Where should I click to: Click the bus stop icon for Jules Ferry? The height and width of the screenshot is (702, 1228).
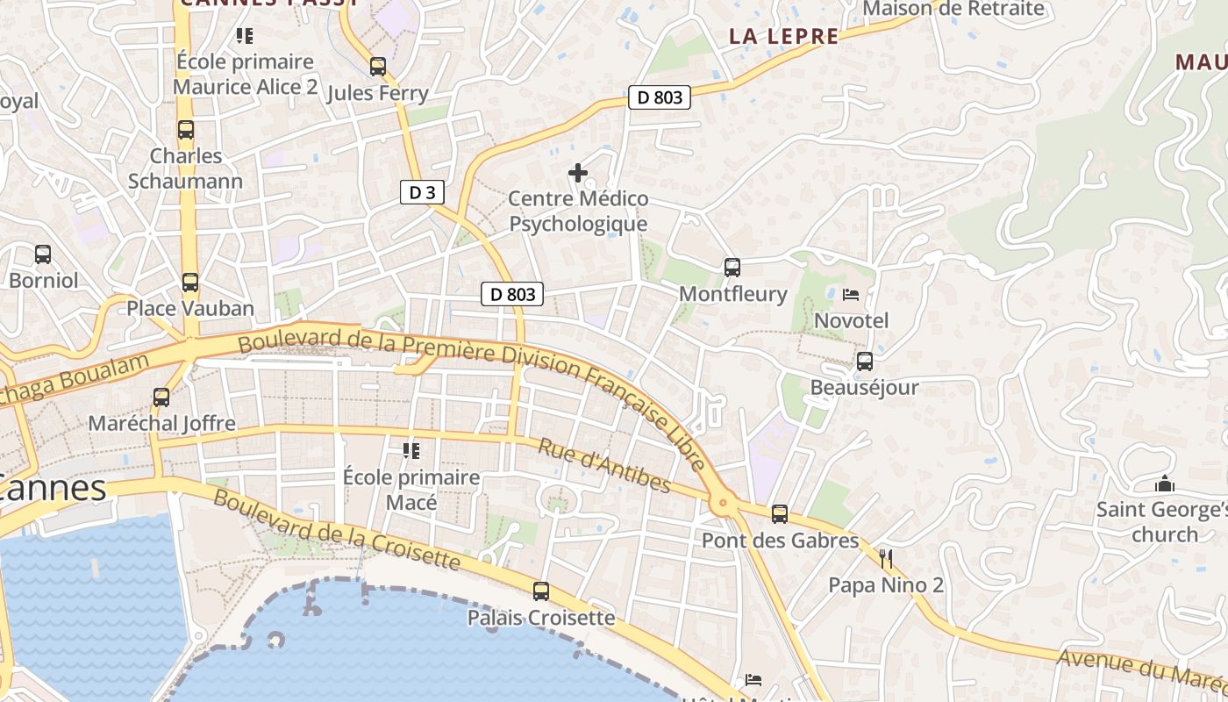(x=378, y=67)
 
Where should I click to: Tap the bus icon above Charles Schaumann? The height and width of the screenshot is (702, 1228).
(x=186, y=130)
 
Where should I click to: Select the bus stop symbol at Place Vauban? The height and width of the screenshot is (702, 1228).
(x=190, y=283)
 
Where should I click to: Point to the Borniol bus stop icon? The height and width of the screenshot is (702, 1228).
(x=43, y=254)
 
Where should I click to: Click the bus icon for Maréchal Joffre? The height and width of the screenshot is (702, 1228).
(x=161, y=397)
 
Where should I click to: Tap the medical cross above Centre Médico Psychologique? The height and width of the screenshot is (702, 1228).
(x=578, y=173)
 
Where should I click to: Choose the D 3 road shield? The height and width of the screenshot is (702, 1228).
(x=422, y=192)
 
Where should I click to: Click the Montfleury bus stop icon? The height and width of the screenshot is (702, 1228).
(x=732, y=268)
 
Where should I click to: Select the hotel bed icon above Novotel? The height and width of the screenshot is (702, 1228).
(x=851, y=295)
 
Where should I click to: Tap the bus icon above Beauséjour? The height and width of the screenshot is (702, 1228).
(x=865, y=361)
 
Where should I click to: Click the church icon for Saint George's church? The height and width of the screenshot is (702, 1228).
(x=1165, y=484)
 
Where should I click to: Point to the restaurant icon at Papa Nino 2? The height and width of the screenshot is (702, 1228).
(x=886, y=558)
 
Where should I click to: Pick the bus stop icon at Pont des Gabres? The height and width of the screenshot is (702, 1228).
(x=780, y=514)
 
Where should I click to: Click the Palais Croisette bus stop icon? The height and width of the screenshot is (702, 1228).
(x=541, y=591)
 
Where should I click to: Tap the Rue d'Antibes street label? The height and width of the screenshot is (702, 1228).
(x=604, y=466)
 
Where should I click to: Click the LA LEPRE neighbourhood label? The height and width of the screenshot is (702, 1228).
(x=784, y=36)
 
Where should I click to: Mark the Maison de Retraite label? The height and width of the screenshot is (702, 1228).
(x=954, y=9)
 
